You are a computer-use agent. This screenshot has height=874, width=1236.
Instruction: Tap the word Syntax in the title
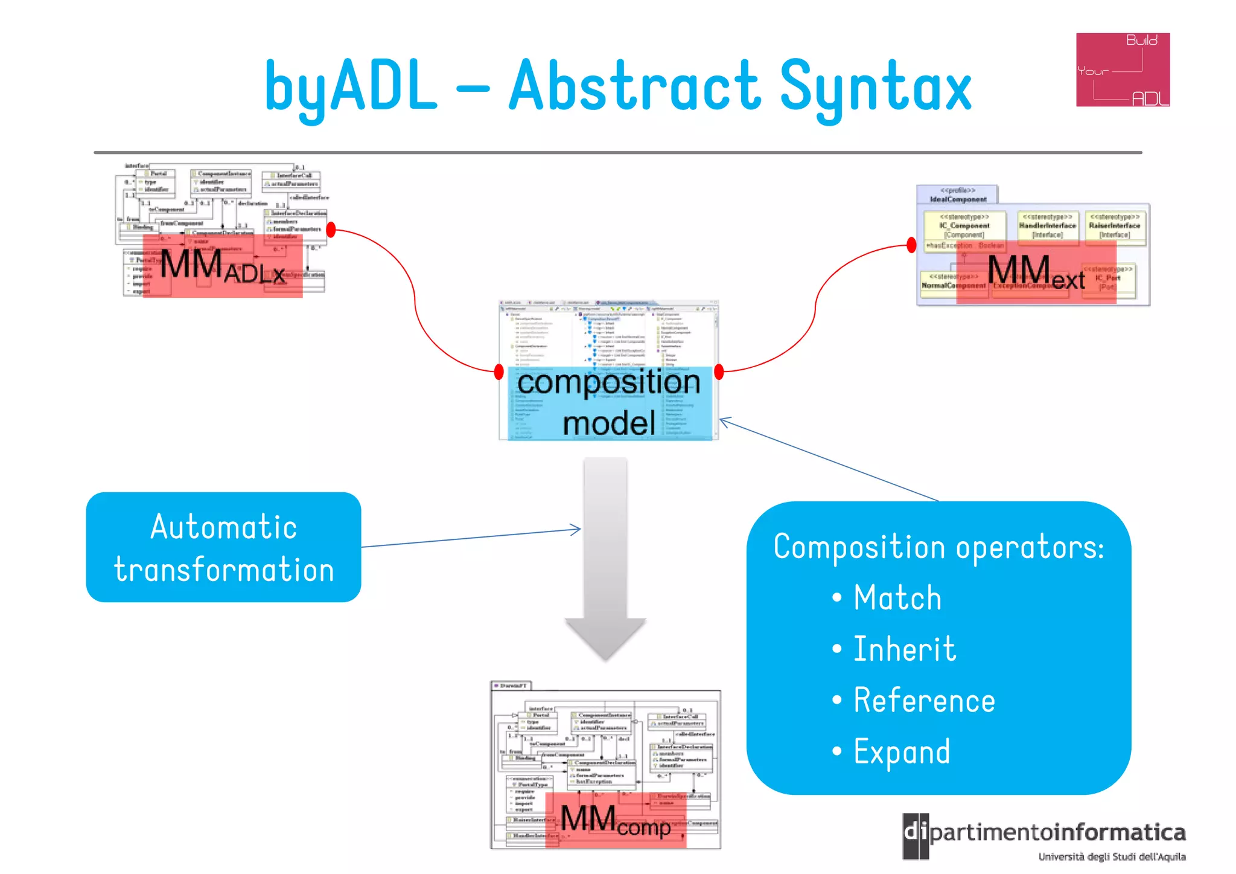click(x=875, y=88)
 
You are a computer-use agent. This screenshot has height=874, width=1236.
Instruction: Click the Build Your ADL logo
click(x=1123, y=69)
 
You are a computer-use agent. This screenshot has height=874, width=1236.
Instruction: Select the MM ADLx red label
click(x=223, y=266)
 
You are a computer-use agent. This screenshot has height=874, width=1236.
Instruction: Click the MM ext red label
click(x=1036, y=272)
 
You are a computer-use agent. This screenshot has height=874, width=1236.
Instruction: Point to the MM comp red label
click(x=616, y=820)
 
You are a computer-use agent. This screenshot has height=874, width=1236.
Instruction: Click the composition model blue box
click(x=609, y=402)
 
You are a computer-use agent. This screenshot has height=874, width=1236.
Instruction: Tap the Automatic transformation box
click(x=223, y=547)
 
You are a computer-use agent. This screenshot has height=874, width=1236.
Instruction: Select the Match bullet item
click(x=897, y=598)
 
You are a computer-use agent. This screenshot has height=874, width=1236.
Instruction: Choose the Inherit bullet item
click(x=904, y=649)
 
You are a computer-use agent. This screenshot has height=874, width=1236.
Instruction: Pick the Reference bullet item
click(x=923, y=701)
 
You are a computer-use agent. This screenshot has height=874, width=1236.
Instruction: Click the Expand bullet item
click(x=901, y=752)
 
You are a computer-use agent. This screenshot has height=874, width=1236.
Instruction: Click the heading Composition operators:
click(x=938, y=547)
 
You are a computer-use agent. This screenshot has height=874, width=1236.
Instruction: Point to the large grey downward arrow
click(x=605, y=556)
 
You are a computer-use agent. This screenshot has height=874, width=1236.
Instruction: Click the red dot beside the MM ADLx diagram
click(x=331, y=230)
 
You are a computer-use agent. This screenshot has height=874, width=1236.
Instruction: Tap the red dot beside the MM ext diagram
click(x=911, y=245)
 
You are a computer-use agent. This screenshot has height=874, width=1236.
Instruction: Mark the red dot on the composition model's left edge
click(x=499, y=371)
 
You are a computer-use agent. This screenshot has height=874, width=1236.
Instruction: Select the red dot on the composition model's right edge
click(x=719, y=371)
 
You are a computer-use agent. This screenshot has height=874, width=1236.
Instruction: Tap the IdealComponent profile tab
click(x=957, y=194)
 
